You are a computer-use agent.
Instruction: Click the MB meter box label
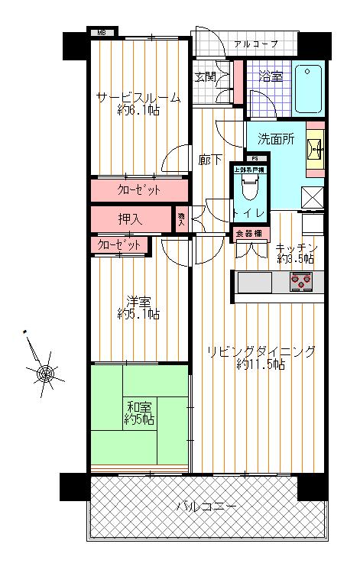coord(104,33)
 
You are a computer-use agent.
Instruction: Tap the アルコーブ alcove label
coord(255,44)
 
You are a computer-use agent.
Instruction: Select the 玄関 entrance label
coord(204,77)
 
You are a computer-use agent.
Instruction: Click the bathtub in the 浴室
coord(310,89)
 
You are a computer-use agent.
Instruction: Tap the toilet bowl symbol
coord(248,187)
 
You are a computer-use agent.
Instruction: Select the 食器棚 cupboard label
coord(248,233)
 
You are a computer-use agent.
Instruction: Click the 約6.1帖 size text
coord(138,112)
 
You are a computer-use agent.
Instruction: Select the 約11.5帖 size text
coord(261,365)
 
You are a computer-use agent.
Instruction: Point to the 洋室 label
coord(138,300)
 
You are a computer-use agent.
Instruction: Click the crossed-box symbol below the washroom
coord(314,196)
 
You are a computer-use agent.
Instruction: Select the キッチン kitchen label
coord(296,248)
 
